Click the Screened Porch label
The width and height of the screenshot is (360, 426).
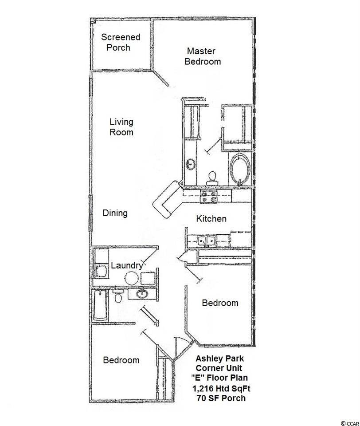click(x=121, y=42)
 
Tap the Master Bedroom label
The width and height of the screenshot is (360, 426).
click(x=203, y=56)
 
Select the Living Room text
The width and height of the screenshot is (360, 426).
click(x=121, y=127)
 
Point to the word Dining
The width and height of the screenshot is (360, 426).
click(x=115, y=213)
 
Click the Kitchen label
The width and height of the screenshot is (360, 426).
click(x=211, y=219)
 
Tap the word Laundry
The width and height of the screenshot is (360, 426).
click(x=127, y=265)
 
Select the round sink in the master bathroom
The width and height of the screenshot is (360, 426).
click(x=191, y=164)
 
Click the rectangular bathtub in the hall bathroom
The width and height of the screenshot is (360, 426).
click(x=101, y=306)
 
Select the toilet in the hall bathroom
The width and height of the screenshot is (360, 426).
click(x=118, y=296)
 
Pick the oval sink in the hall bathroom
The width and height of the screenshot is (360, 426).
click(x=142, y=294)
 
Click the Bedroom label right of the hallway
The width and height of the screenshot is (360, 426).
click(x=220, y=303)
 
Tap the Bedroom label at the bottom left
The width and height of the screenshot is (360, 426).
click(x=121, y=360)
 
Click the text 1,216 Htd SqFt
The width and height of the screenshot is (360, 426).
click(x=221, y=389)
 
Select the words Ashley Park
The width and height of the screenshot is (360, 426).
click(x=219, y=359)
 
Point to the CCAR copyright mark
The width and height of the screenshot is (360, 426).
click(x=350, y=423)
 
